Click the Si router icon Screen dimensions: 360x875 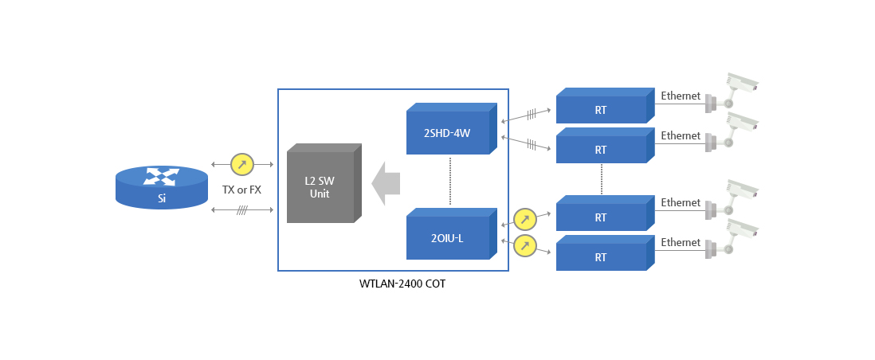pyautogui.click(x=162, y=188)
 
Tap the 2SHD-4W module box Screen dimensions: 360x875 pyautogui.click(x=447, y=132)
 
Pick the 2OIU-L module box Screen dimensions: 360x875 pyautogui.click(x=447, y=237)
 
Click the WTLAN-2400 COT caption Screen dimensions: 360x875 pyautogui.click(x=402, y=284)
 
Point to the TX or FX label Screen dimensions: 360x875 pyautogui.click(x=241, y=190)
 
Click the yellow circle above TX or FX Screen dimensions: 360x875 pyautogui.click(x=241, y=164)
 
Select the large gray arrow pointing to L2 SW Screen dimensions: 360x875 pyautogui.click(x=386, y=183)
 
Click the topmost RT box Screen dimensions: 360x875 pyautogui.click(x=601, y=110)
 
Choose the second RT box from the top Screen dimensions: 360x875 pyautogui.click(x=601, y=149)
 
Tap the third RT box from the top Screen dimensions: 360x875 pyautogui.click(x=601, y=217)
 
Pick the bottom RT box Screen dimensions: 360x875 pyautogui.click(x=601, y=257)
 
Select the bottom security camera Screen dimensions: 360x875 pyautogui.click(x=733, y=238)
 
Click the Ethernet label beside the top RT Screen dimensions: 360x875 pyautogui.click(x=681, y=96)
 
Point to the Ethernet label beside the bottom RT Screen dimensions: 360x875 pyautogui.click(x=681, y=242)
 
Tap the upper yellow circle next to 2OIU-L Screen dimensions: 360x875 pyautogui.click(x=524, y=219)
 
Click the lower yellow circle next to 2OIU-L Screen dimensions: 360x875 pyautogui.click(x=524, y=245)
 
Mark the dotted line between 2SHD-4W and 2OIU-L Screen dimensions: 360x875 pyautogui.click(x=450, y=181)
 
